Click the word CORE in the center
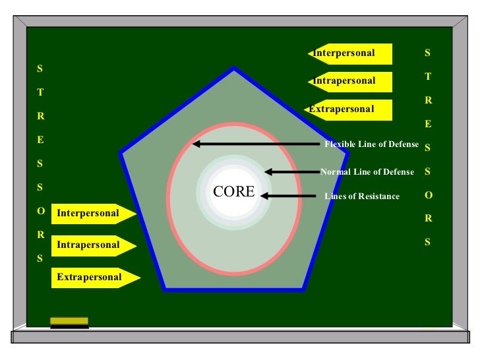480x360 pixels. (233, 192)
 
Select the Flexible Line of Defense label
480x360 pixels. (371, 144)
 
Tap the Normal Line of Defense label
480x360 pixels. (367, 172)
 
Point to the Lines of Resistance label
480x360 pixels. (361, 196)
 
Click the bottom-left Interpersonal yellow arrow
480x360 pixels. (93, 214)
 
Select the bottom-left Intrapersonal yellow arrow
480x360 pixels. (93, 245)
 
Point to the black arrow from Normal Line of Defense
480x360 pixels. (291, 172)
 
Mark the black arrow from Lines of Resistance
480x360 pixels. (287, 195)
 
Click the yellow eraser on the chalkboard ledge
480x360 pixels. (69, 322)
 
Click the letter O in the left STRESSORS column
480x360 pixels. (40, 211)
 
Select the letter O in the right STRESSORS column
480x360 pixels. (428, 195)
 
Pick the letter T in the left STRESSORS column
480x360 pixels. (40, 92)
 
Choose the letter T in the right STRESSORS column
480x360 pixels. (428, 76)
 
